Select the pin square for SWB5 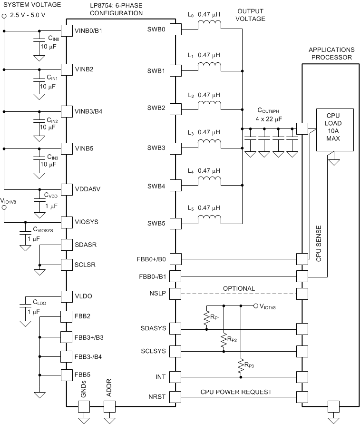[175, 223]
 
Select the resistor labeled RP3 [241, 365]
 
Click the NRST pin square [175, 396]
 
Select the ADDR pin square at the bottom [109, 406]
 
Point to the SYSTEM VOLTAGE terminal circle [4, 16]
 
